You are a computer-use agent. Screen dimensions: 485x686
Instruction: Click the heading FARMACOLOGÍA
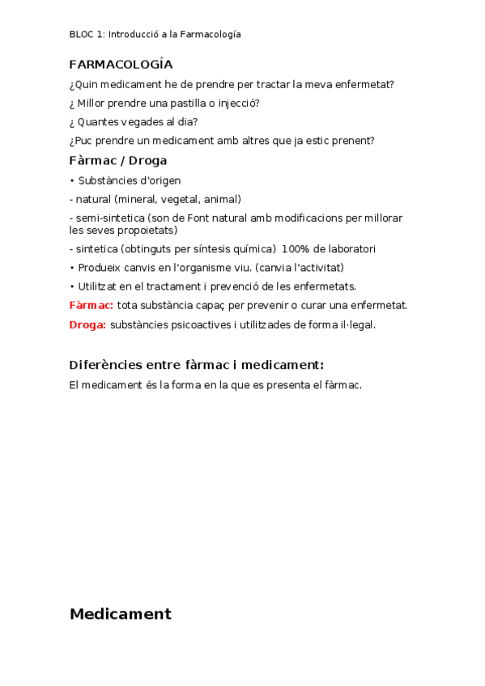coord(121,65)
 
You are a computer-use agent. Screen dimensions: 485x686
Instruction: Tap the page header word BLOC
coord(82,34)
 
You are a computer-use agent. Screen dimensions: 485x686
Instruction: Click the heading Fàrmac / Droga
coord(118,160)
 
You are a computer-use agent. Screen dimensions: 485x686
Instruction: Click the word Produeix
coord(100,268)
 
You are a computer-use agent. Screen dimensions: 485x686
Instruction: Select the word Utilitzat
coord(99,286)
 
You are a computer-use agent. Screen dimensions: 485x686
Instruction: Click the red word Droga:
coord(87,324)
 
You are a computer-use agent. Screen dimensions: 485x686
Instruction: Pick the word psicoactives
coord(199,324)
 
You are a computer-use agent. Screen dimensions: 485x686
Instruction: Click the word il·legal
coord(353,324)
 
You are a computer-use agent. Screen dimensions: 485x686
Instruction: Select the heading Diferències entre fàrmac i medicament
coord(197,365)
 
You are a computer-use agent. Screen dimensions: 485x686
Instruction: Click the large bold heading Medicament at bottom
coord(121,614)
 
